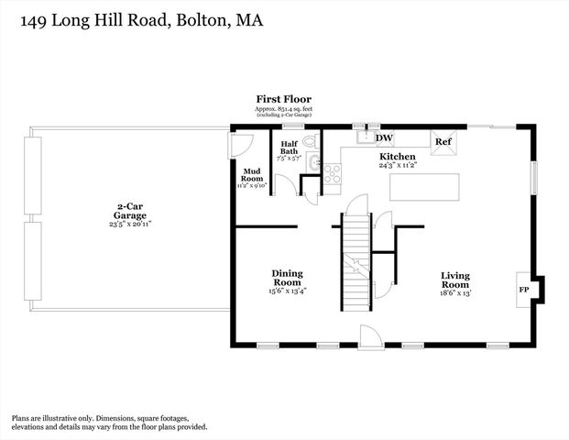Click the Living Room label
455,280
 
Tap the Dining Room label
287,277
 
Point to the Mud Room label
252,174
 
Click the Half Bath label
290,147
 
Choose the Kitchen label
399,157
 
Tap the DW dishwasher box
385,138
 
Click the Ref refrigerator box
443,142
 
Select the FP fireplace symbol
525,289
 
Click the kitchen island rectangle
426,186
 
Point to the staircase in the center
356,261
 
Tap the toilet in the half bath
309,141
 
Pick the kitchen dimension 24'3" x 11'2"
399,166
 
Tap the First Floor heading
284,99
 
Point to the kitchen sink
362,137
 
